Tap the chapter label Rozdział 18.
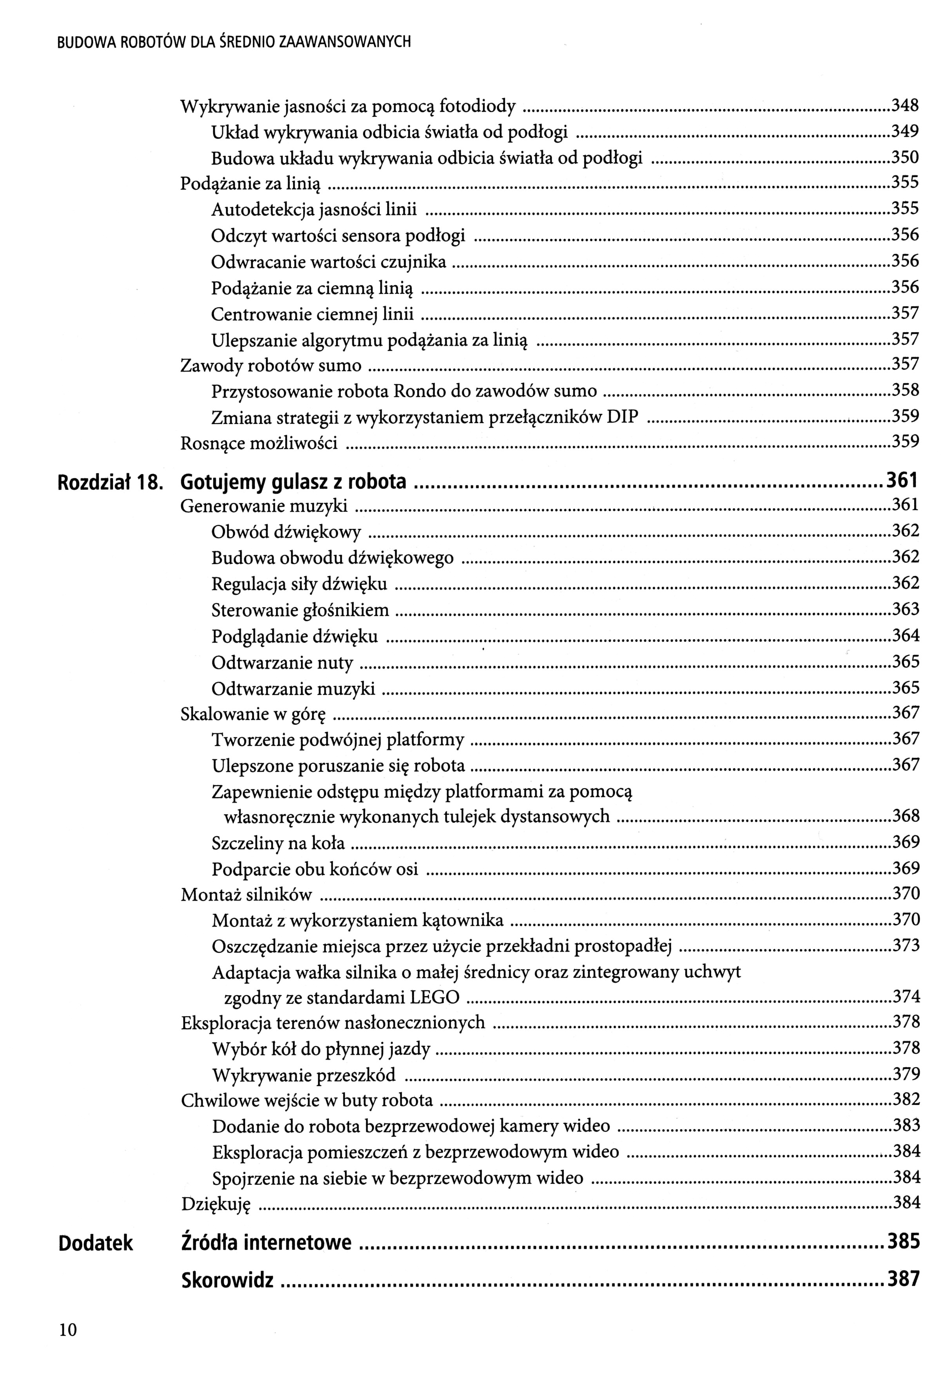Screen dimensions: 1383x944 109,482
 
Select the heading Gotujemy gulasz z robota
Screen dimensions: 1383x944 294,482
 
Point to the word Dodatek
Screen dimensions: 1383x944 96,1243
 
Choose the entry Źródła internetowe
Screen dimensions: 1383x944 266,1243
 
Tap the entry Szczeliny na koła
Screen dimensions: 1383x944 278,843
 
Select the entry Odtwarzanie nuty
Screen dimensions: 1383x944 282,663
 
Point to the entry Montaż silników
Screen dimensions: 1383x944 246,894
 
